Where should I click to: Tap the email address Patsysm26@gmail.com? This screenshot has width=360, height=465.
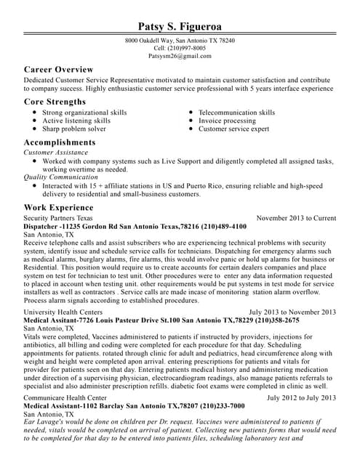[180, 55]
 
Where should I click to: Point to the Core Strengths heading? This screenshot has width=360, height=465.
[55, 102]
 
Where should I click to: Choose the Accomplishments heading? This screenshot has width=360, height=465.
[60, 142]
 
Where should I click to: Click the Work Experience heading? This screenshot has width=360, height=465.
[58, 207]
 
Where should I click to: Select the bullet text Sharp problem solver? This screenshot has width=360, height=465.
[74, 129]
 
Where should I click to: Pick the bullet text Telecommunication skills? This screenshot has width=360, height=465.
[237, 113]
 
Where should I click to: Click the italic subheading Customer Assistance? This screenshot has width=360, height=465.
[56, 153]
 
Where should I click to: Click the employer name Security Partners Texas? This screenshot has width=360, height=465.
[58, 218]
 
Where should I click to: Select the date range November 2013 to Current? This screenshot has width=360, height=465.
[297, 218]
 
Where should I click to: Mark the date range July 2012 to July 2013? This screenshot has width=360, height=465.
[302, 398]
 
